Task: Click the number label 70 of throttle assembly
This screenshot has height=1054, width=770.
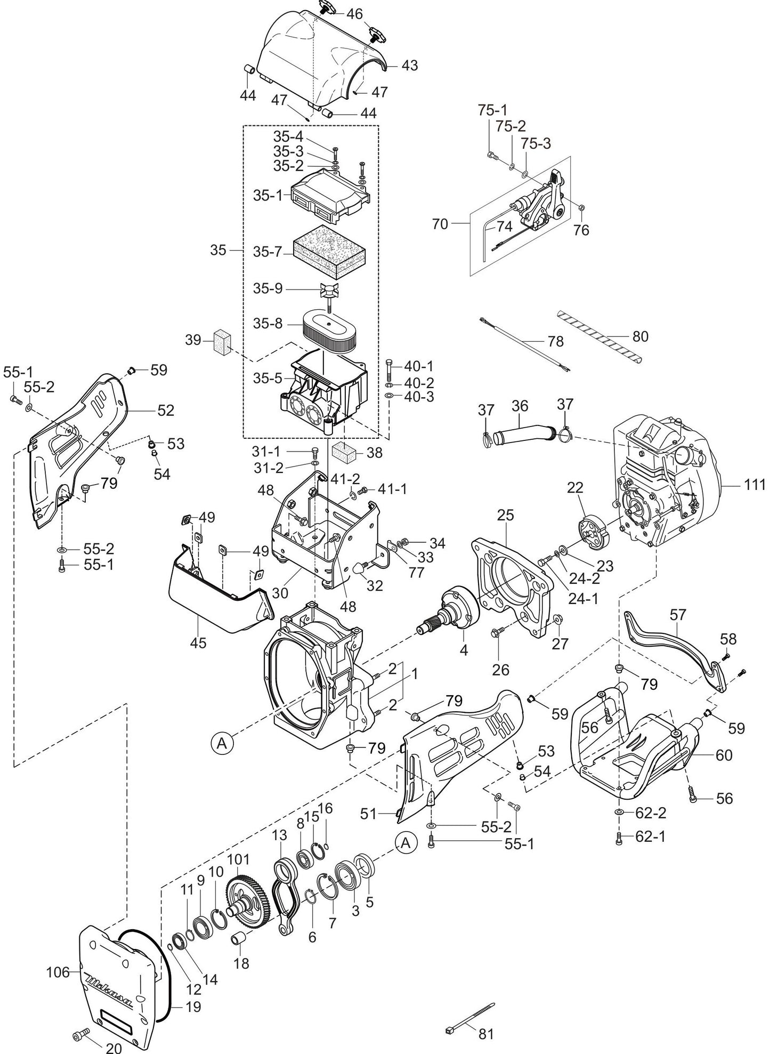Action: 440,224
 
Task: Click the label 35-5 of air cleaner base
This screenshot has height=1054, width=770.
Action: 266,378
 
